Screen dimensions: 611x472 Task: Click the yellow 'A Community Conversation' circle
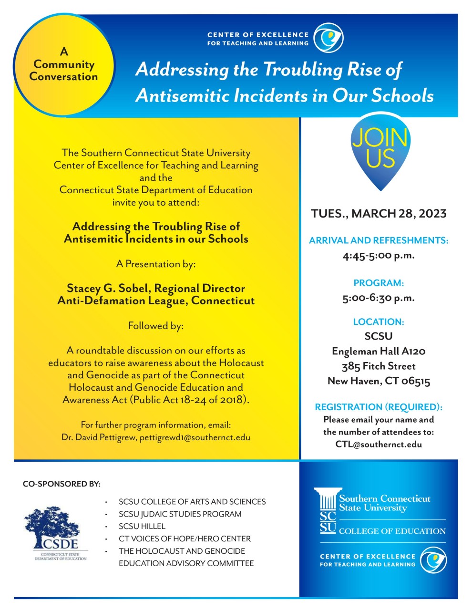click(x=63, y=65)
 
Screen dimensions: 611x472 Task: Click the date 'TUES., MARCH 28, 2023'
click(x=379, y=213)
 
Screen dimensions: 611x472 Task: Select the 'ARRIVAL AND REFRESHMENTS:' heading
click(x=379, y=240)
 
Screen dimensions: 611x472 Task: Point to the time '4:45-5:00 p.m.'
click(x=379, y=256)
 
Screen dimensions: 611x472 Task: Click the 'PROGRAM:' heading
click(x=379, y=283)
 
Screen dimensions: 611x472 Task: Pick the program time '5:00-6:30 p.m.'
click(x=379, y=298)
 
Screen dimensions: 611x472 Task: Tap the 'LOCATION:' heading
click(x=379, y=322)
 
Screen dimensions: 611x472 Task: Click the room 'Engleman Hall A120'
click(x=379, y=352)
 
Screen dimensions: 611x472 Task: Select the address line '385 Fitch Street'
click(x=379, y=366)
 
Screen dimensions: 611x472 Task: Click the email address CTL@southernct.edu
click(x=379, y=444)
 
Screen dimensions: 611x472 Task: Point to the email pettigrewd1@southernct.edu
click(x=195, y=437)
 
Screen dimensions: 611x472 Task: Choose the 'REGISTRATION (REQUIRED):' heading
click(x=379, y=407)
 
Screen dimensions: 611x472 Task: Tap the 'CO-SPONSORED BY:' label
click(x=62, y=484)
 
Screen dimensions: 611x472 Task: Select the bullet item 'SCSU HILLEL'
click(x=142, y=526)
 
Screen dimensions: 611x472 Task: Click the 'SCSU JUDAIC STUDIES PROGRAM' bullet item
click(x=180, y=514)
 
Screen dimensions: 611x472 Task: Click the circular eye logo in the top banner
click(x=328, y=38)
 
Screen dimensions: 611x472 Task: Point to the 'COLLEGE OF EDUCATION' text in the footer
click(x=392, y=531)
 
